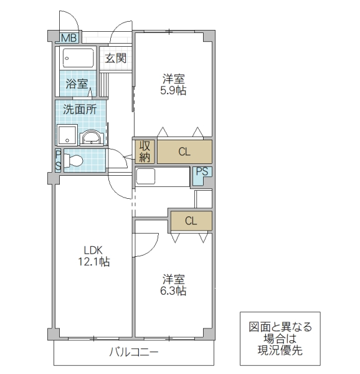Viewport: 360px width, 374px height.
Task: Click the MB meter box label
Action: click(x=69, y=38)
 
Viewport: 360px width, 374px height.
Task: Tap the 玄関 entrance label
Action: click(x=115, y=59)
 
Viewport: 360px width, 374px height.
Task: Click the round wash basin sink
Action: click(x=92, y=137)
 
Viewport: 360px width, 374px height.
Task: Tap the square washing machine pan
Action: click(x=67, y=135)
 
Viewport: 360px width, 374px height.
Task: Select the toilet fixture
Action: click(x=73, y=160)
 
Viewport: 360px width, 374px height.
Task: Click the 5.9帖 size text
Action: click(x=174, y=90)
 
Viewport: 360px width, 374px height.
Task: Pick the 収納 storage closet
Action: click(x=144, y=151)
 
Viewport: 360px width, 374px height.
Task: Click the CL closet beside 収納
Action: click(x=184, y=151)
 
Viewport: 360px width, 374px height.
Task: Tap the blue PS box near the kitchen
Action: click(x=201, y=175)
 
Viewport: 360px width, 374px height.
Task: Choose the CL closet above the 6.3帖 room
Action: click(x=191, y=220)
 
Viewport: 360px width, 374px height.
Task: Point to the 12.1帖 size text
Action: click(x=93, y=262)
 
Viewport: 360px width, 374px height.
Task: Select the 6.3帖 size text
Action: click(x=174, y=290)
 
